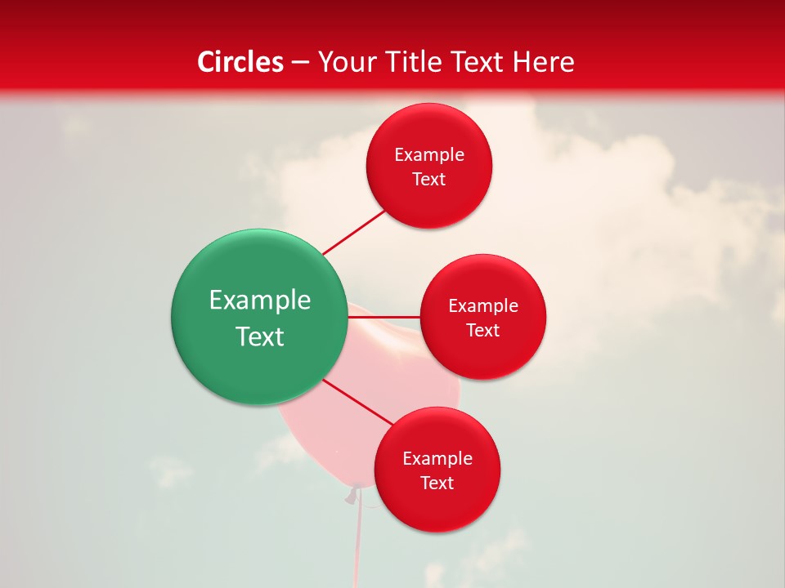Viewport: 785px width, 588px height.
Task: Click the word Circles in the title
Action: [240, 62]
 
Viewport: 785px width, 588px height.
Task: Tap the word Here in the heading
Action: [543, 62]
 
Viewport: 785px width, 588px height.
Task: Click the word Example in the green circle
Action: [260, 301]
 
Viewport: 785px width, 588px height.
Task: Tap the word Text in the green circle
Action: [260, 336]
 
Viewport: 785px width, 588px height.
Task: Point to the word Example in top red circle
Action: [429, 155]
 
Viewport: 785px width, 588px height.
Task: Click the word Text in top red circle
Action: [428, 180]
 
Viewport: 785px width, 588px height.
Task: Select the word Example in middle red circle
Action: [483, 306]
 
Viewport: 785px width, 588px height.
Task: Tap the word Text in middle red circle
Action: [482, 331]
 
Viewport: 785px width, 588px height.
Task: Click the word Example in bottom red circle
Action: [437, 459]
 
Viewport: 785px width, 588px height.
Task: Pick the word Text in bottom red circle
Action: [437, 483]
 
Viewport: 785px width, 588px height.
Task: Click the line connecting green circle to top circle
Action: [353, 232]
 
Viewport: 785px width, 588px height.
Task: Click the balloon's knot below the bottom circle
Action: [353, 495]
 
